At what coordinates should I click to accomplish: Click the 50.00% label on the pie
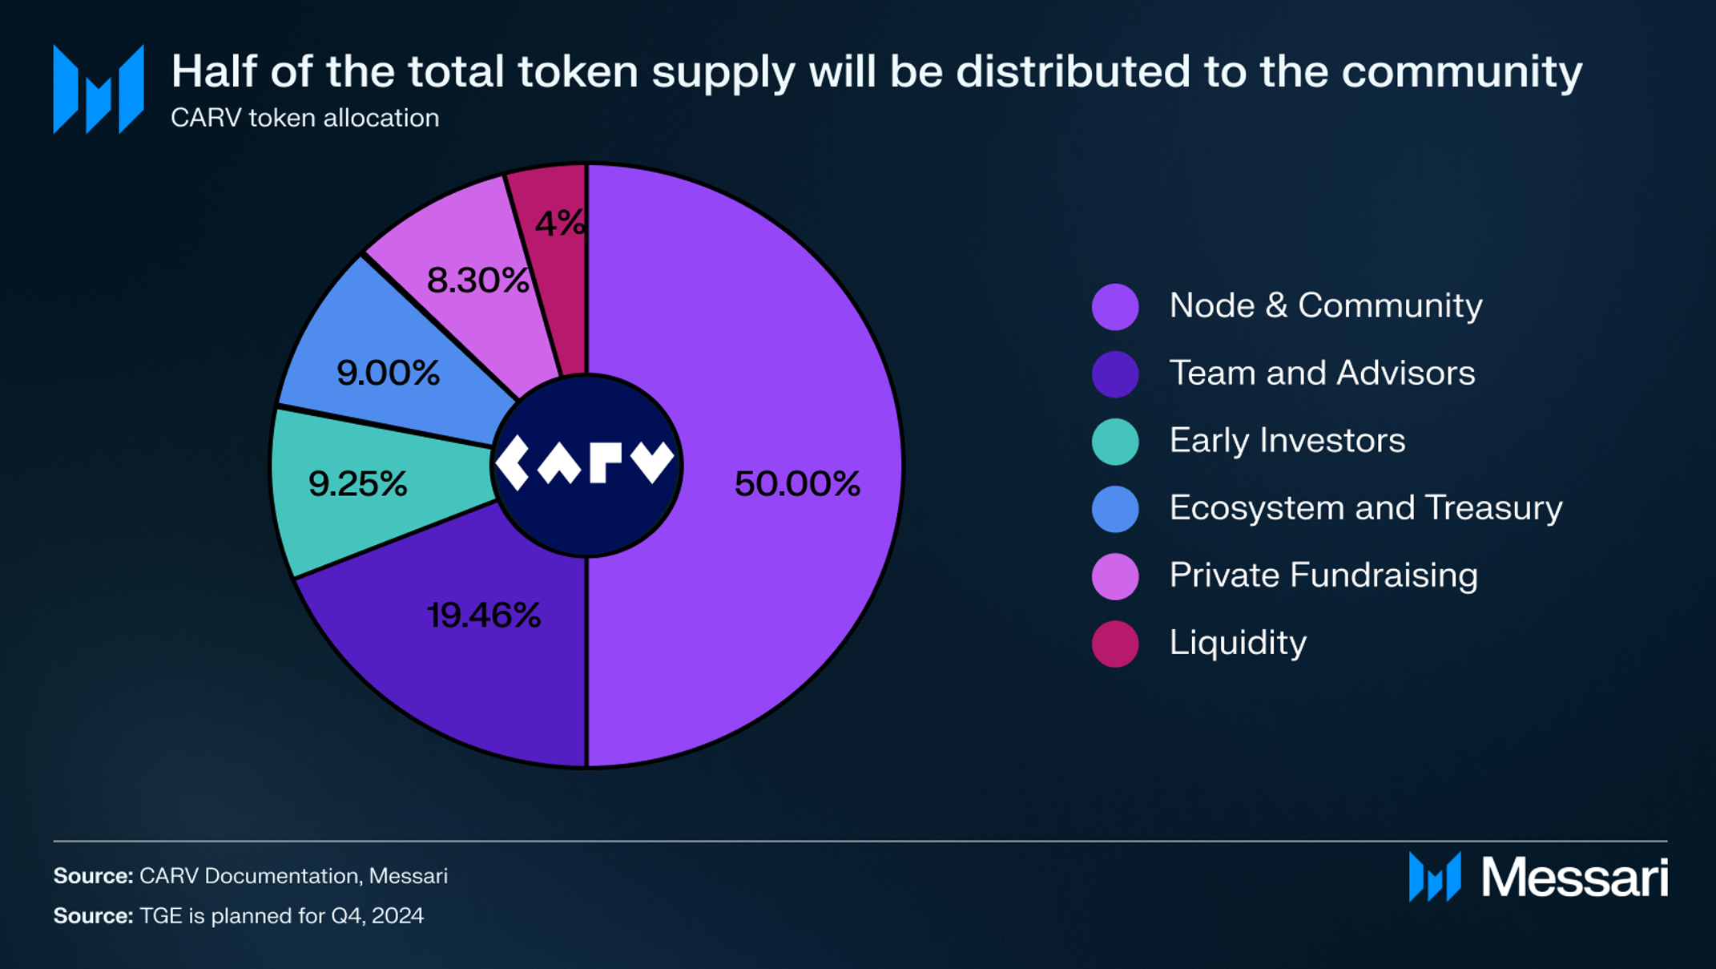point(797,483)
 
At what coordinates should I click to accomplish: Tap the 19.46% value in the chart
point(484,616)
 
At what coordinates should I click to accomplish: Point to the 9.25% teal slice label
point(358,483)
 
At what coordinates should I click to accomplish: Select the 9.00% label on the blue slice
point(389,373)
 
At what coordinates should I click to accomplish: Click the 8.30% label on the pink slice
point(477,281)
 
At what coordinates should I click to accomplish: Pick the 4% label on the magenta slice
point(560,224)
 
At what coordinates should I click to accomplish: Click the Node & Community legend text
point(1326,305)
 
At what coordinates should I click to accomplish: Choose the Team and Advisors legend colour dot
point(1115,373)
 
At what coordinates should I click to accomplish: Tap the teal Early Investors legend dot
point(1115,441)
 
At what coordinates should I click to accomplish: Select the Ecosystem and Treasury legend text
point(1366,507)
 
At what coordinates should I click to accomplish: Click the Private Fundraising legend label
point(1323,575)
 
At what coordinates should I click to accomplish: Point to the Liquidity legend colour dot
point(1115,643)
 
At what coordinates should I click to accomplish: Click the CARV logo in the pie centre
point(586,463)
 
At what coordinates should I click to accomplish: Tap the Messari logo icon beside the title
point(99,89)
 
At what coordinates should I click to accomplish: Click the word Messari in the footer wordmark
point(1574,878)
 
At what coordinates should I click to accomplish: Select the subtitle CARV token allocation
point(305,118)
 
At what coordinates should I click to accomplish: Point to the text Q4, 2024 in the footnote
point(377,915)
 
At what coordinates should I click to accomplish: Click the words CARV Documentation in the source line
point(249,875)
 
